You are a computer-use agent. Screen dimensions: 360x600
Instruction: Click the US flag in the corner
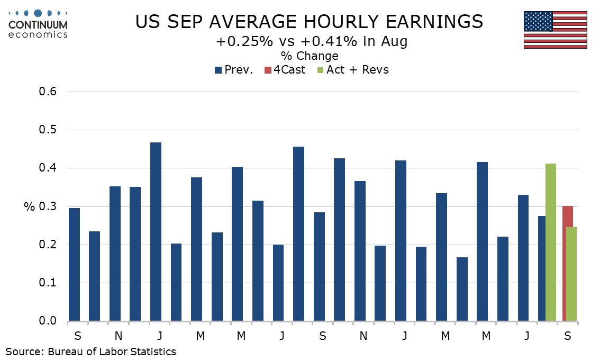[555, 30]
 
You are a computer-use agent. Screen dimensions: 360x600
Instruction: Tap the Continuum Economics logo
[38, 24]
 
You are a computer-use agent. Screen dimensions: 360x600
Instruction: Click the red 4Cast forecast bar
[568, 263]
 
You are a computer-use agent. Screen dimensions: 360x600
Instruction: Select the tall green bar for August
[551, 242]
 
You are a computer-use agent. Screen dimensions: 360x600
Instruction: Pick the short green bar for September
[572, 274]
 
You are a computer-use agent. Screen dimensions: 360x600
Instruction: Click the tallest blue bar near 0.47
[156, 231]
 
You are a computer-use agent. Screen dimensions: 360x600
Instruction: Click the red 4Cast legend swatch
[268, 70]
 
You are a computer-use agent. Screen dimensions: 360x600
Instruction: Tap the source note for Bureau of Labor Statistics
[90, 351]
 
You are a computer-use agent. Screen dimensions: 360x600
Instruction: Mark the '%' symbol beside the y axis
[29, 206]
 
